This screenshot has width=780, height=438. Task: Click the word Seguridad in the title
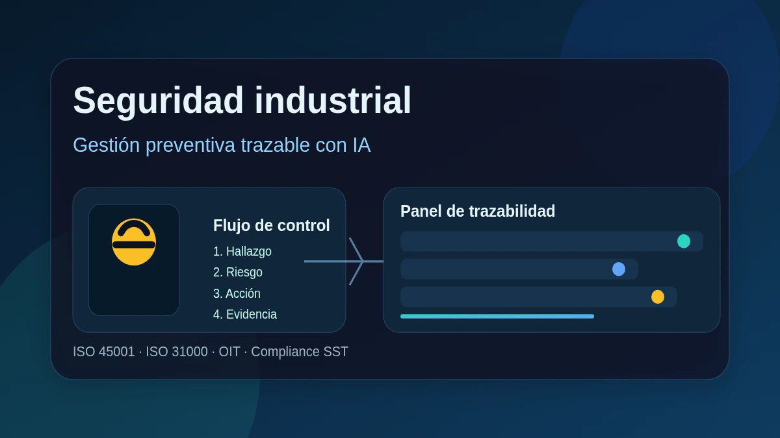158,101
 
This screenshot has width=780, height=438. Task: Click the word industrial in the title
333,100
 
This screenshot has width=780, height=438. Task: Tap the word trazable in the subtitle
275,145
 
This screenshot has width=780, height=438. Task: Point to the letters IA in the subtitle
361,145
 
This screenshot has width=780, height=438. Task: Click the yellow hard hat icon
134,242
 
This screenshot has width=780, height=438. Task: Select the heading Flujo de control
271,225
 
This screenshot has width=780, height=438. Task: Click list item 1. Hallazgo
242,251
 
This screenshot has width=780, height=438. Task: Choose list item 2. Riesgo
238,272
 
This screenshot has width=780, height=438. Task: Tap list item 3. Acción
237,293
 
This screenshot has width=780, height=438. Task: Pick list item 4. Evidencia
245,314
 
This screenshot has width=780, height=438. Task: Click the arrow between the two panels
344,262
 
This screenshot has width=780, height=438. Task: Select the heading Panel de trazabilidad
478,211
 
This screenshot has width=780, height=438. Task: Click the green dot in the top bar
684,241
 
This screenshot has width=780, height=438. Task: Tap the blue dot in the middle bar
618,269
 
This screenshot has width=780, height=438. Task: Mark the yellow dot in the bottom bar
657,297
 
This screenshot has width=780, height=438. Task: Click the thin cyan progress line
497,317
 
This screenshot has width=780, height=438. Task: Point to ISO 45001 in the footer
104,352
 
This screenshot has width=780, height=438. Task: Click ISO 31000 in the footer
177,352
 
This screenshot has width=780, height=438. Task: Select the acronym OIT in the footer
229,352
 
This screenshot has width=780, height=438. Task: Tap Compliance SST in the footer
300,352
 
